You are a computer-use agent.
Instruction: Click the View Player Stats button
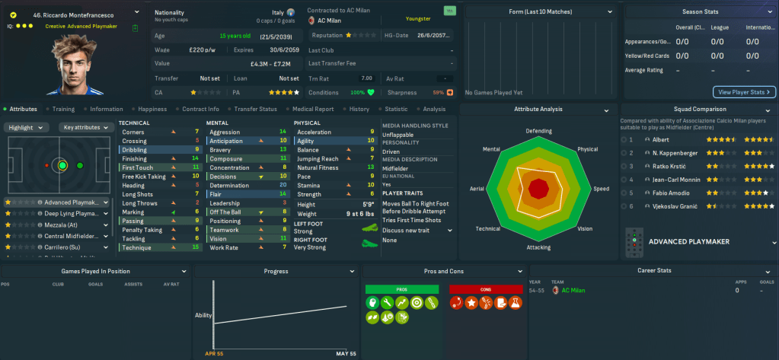(x=743, y=92)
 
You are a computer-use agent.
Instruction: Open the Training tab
(x=62, y=109)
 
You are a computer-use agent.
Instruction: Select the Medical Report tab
(x=311, y=109)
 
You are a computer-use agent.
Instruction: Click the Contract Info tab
(x=200, y=109)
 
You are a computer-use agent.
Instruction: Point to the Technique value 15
(x=196, y=247)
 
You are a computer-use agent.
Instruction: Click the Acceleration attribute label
(x=314, y=132)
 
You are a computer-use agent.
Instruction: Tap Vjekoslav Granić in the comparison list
(x=671, y=206)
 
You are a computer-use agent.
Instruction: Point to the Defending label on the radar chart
(x=538, y=131)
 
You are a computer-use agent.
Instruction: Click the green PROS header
(x=401, y=289)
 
